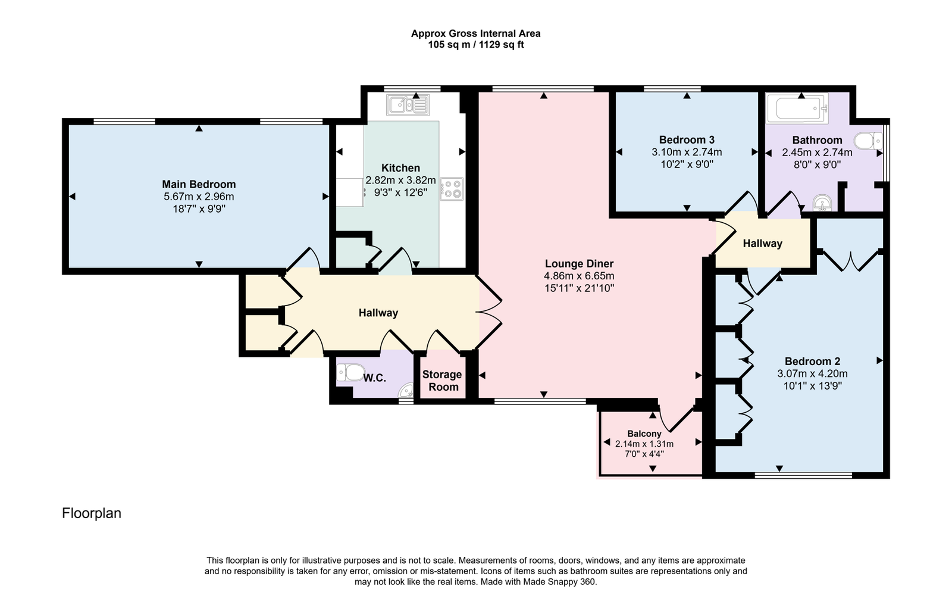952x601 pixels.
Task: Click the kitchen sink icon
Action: [x=408, y=105]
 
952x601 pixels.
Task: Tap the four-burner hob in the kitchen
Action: [x=452, y=189]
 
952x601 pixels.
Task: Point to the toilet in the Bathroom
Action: [x=868, y=141]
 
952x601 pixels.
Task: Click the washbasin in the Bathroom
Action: [x=822, y=203]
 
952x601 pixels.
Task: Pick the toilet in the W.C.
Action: [x=350, y=373]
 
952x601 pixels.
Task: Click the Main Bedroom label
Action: [x=199, y=184]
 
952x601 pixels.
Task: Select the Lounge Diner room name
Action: [x=580, y=264]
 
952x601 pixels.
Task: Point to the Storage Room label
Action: [x=443, y=381]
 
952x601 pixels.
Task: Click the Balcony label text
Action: [x=644, y=434]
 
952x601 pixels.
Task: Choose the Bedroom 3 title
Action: [x=687, y=139]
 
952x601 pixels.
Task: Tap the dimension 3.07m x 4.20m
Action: [x=813, y=373]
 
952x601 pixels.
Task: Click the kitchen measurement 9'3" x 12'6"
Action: [x=401, y=192]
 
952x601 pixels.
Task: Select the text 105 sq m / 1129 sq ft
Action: [x=476, y=45]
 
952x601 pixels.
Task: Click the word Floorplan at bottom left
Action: [x=92, y=513]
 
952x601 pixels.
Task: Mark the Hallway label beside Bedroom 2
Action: [x=762, y=243]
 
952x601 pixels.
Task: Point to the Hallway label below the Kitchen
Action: [x=378, y=313]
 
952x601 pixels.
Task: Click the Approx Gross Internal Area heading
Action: [x=476, y=33]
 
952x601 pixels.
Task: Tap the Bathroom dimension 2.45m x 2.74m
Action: [x=818, y=152]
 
